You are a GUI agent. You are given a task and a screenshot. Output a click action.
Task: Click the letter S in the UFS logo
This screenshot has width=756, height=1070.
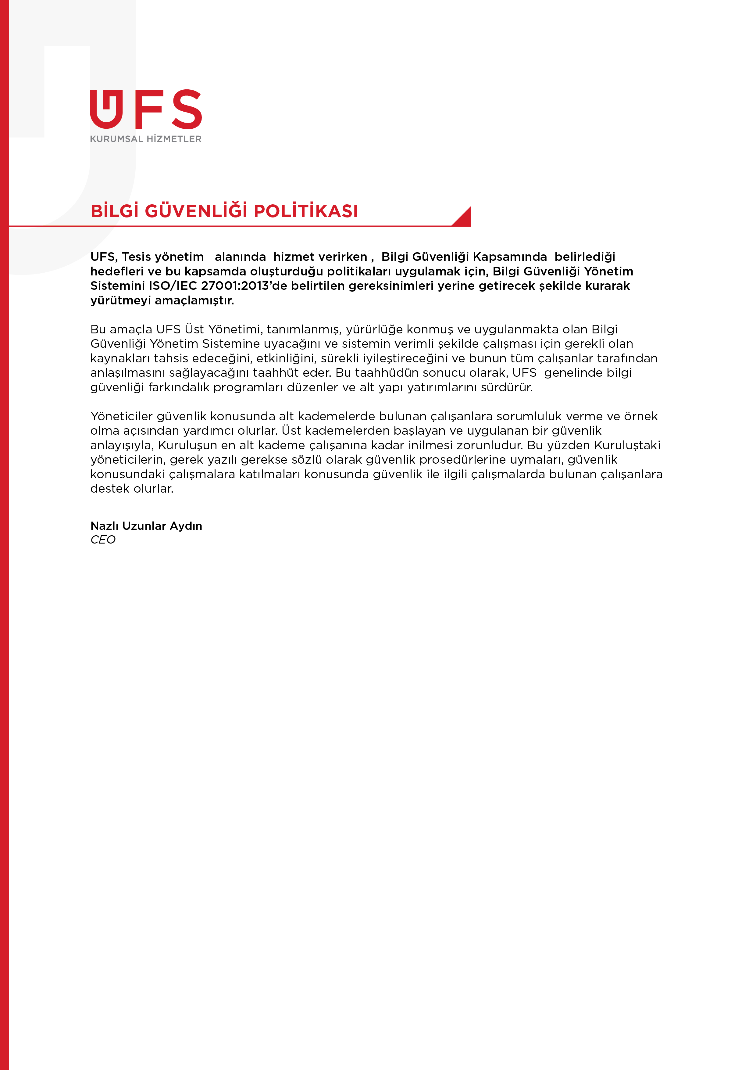pyautogui.click(x=187, y=109)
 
